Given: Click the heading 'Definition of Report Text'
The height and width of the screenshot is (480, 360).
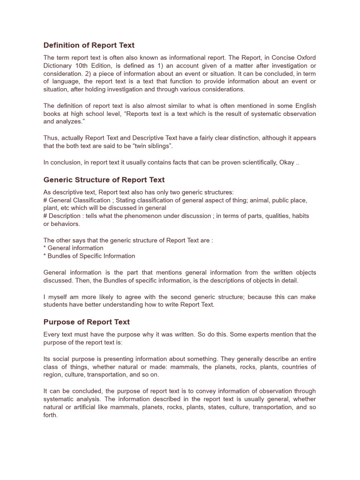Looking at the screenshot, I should (89, 45).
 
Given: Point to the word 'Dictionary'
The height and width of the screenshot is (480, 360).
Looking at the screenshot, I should (59, 66).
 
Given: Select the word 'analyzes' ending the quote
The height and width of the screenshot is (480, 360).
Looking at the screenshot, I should (70, 122).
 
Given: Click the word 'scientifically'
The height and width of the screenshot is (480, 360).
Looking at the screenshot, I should (260, 163).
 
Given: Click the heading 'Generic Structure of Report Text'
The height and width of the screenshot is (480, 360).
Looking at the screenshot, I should (104, 180).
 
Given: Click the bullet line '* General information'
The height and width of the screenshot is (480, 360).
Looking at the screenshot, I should (73, 248).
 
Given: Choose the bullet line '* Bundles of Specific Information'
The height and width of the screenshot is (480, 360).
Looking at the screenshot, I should (89, 256).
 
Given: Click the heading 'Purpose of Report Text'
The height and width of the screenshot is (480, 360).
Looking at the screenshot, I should (86, 322).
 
